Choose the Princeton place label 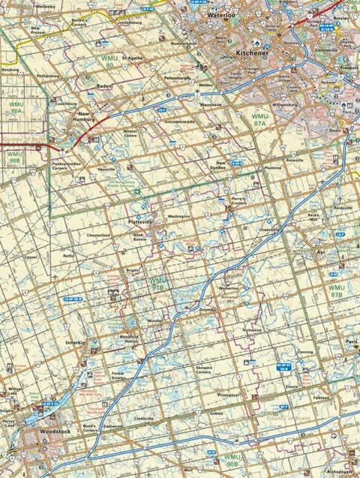[x=227, y=395]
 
